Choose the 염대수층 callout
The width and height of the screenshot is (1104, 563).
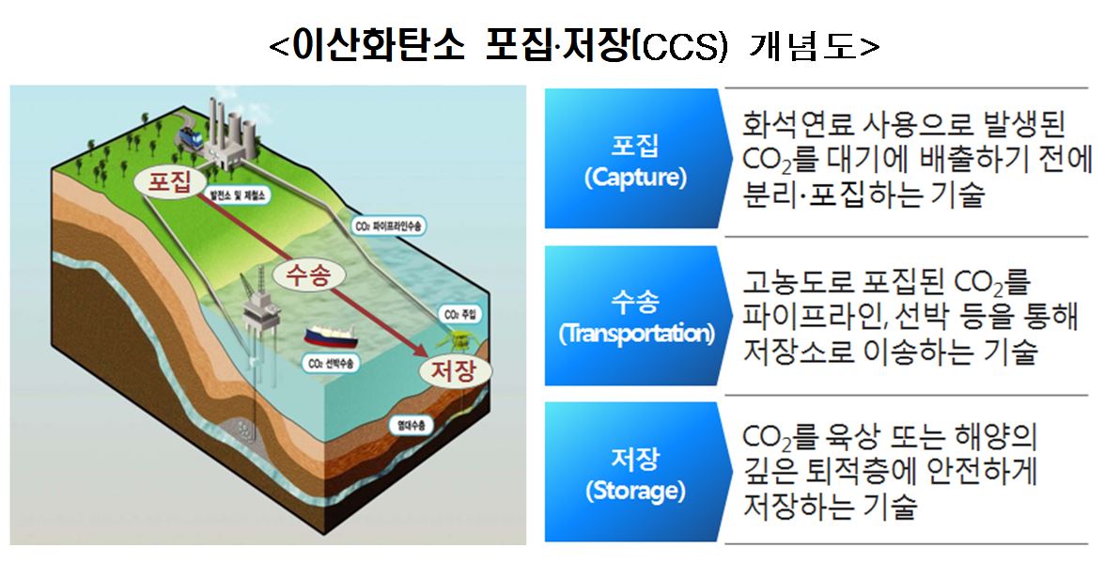click(x=410, y=426)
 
